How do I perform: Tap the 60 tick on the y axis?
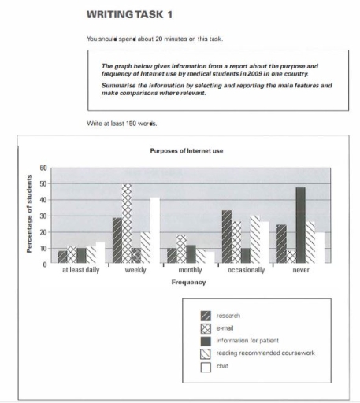click(44, 168)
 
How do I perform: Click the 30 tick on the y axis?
click(44, 216)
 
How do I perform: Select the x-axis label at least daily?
click(81, 270)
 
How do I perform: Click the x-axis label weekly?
click(135, 270)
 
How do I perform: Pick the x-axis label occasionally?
click(245, 270)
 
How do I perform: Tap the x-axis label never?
click(300, 270)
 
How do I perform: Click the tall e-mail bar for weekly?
click(126, 224)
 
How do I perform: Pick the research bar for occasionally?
click(226, 237)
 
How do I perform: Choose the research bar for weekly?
click(117, 240)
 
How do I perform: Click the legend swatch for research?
click(205, 316)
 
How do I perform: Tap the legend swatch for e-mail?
click(205, 329)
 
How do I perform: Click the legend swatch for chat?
click(205, 366)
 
